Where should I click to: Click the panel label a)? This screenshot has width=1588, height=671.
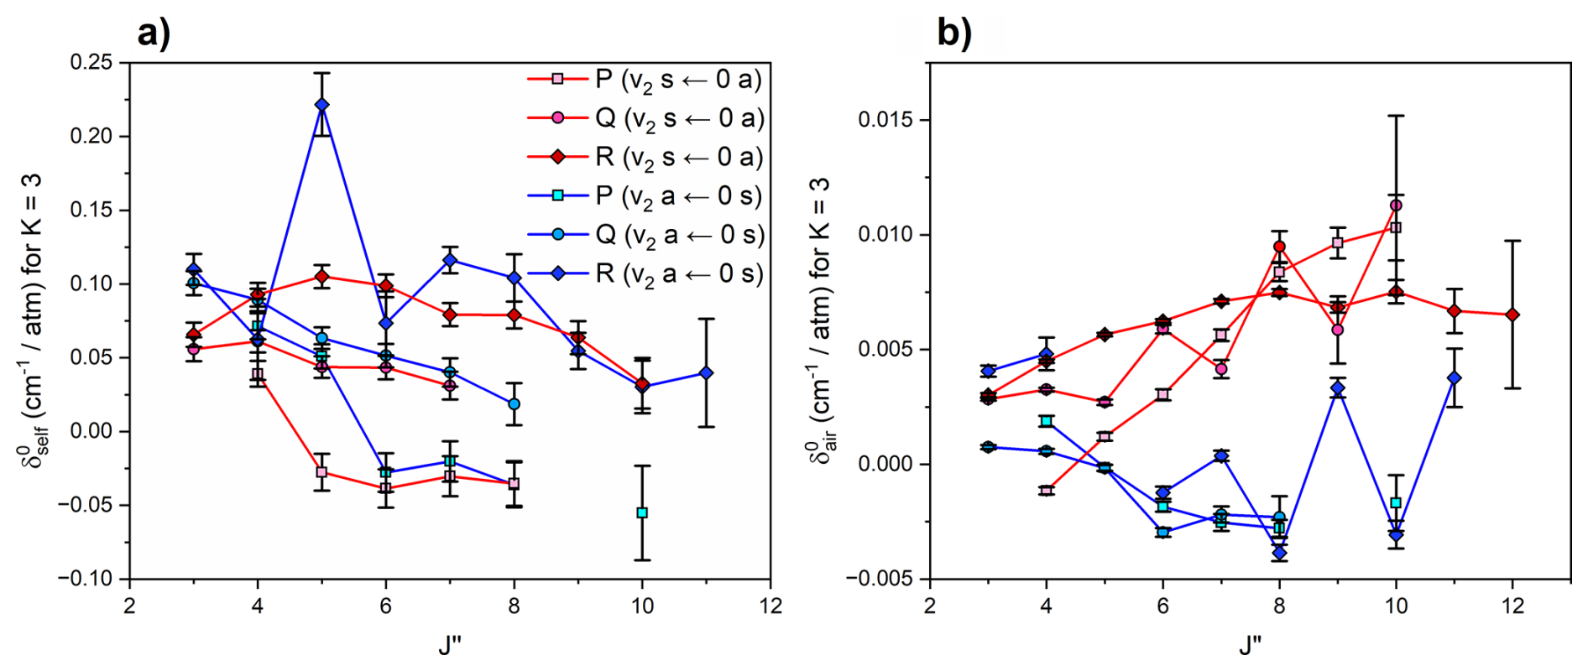[x=154, y=34]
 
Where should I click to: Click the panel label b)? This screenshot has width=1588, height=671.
[x=954, y=34]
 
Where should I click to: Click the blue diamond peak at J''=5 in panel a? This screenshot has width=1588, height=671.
[x=321, y=105]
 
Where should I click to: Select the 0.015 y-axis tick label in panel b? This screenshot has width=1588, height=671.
[x=885, y=120]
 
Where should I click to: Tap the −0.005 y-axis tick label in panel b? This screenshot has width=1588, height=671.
[x=881, y=579]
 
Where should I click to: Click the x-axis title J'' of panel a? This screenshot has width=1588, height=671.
[x=450, y=645]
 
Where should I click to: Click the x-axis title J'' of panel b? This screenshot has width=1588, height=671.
[x=1251, y=645]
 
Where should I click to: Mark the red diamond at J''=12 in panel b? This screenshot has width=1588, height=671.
[x=1512, y=315]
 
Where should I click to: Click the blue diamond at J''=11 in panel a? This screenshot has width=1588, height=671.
[x=706, y=373]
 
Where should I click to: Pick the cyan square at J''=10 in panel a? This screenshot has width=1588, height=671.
[x=642, y=512]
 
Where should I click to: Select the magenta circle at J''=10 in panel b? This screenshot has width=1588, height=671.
[x=1396, y=205]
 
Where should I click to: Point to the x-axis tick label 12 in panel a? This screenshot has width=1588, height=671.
[x=770, y=606]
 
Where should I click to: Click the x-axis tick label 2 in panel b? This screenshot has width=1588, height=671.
[x=930, y=606]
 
